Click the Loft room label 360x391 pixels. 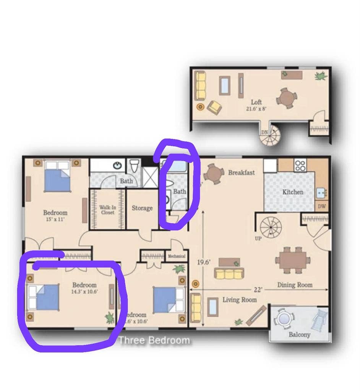[x=256, y=102]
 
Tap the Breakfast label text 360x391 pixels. [x=241, y=173]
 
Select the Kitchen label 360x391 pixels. [x=293, y=192]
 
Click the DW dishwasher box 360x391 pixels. [x=321, y=206]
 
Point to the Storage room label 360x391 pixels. [x=142, y=208]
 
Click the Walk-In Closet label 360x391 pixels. [x=107, y=210]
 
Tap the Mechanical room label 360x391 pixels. [x=176, y=256]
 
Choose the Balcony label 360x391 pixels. [x=299, y=335]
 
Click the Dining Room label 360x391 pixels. [x=295, y=285]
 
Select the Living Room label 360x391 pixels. [x=240, y=300]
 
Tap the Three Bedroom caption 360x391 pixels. [x=154, y=340]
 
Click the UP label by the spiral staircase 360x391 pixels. [x=258, y=239]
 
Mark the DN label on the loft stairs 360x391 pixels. [x=264, y=132]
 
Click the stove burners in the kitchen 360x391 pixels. [x=300, y=166]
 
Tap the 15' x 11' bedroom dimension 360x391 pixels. [x=55, y=220]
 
